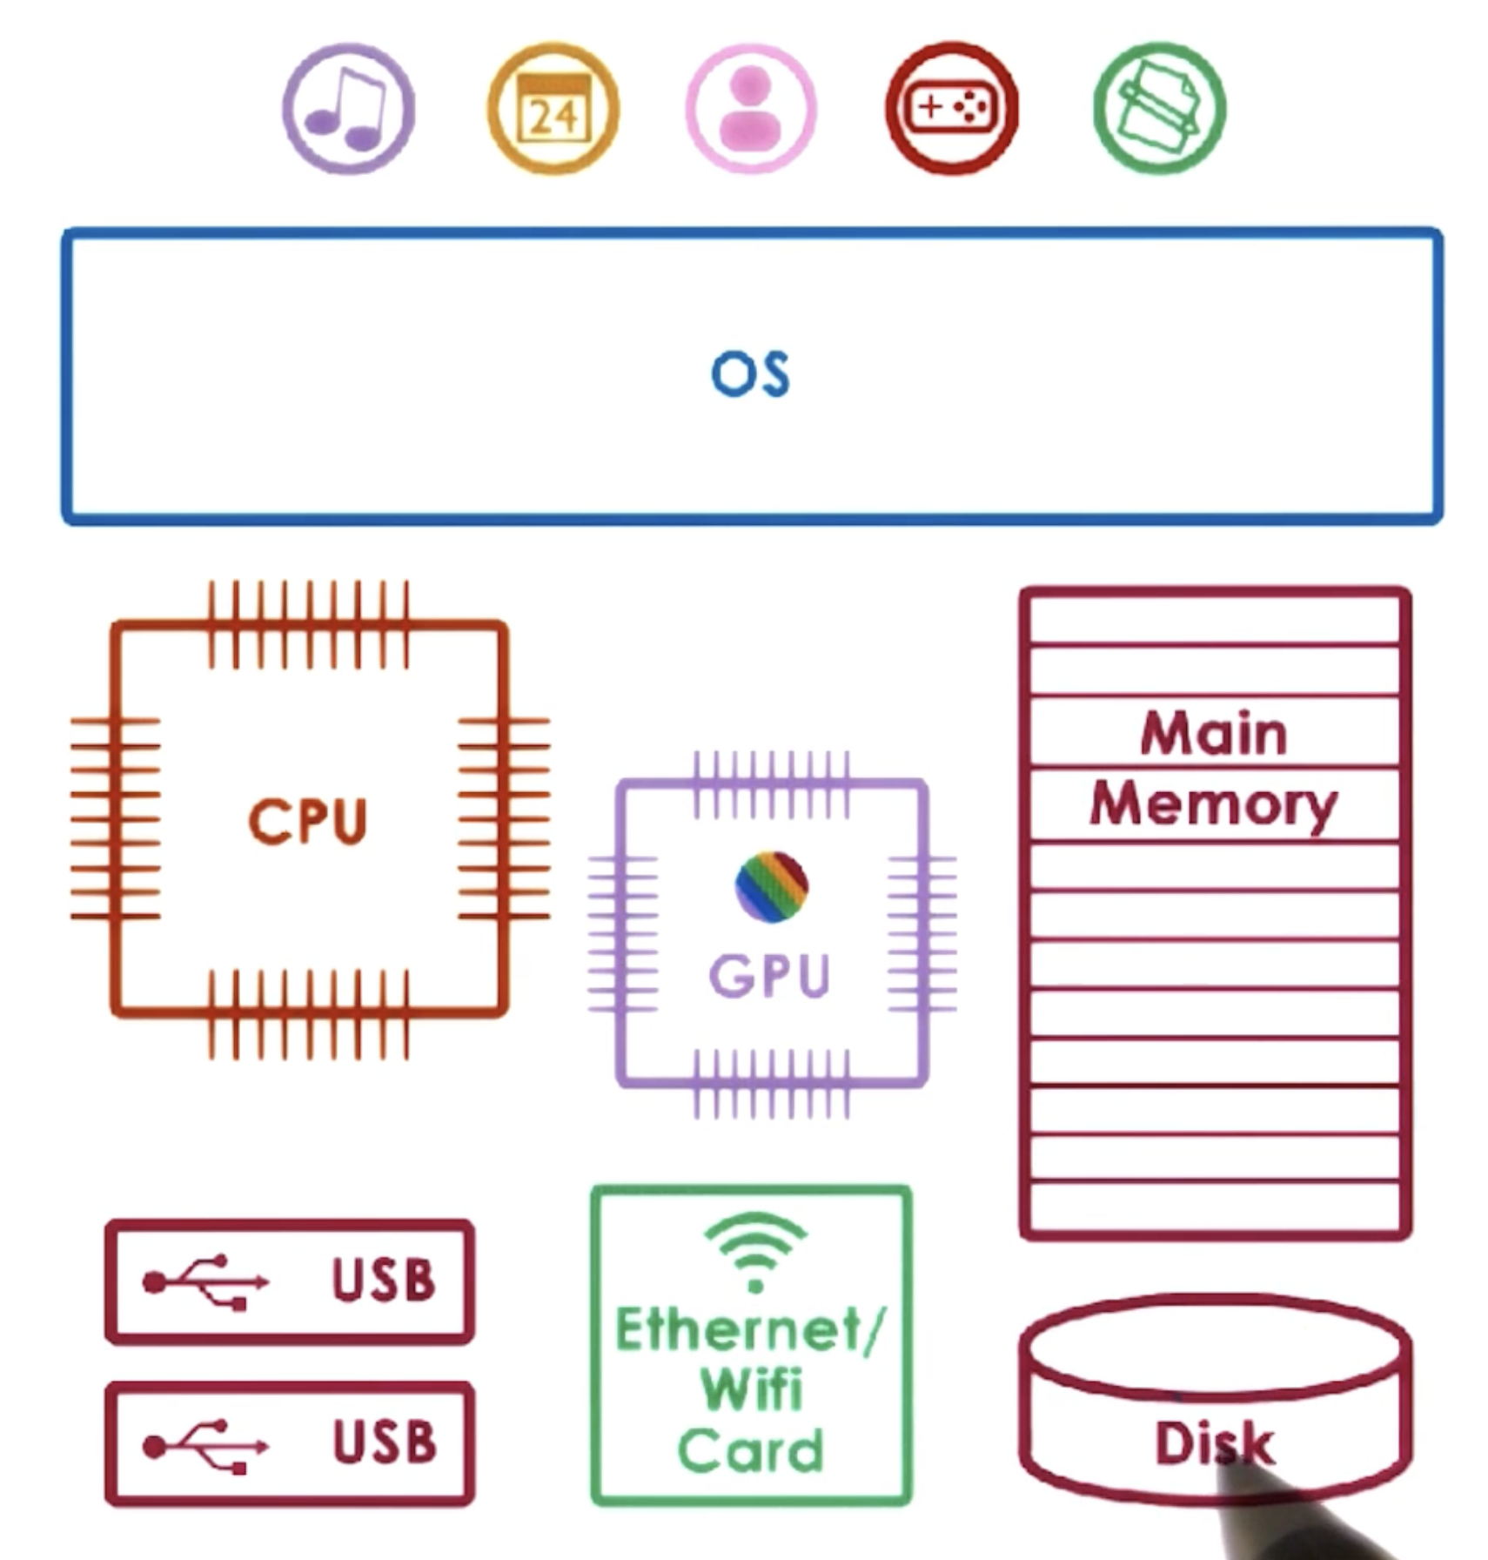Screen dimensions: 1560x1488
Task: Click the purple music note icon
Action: tap(348, 109)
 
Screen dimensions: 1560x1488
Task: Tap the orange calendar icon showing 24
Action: tap(553, 109)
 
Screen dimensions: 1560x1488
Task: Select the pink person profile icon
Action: tap(751, 109)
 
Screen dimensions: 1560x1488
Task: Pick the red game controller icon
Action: tap(951, 108)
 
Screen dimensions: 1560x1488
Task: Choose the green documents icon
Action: tap(1159, 109)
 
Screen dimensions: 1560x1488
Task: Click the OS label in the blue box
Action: tap(750, 375)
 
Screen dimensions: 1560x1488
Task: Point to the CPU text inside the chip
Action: tap(308, 821)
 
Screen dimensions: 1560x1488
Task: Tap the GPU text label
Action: tap(770, 975)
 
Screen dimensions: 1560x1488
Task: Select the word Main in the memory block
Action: tap(1213, 734)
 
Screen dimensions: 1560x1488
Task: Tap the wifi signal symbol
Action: tap(754, 1251)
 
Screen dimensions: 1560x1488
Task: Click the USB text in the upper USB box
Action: tap(383, 1281)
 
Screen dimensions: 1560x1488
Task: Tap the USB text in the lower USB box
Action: tap(384, 1442)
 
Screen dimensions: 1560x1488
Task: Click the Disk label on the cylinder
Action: tap(1213, 1443)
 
